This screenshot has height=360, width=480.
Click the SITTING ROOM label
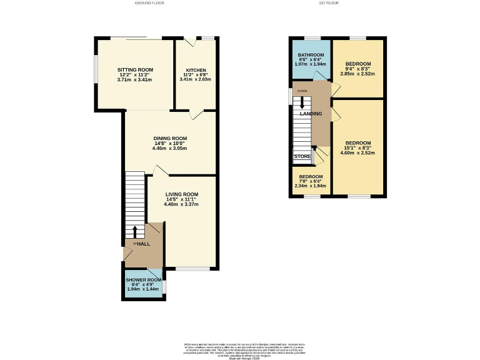(135, 70)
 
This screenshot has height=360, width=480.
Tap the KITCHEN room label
(196, 70)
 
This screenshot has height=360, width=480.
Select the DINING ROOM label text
(171, 138)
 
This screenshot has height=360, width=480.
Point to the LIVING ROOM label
(181, 194)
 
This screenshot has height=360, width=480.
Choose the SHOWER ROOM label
(143, 279)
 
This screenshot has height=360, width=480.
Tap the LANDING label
(311, 114)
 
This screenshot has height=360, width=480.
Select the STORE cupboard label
(302, 157)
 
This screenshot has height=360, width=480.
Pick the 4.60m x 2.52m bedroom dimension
(359, 152)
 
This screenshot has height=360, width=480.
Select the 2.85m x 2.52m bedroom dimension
(358, 74)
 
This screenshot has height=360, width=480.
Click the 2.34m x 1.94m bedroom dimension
(310, 186)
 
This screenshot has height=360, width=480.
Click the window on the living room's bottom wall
(192, 269)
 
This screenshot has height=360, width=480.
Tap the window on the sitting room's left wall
(96, 72)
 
